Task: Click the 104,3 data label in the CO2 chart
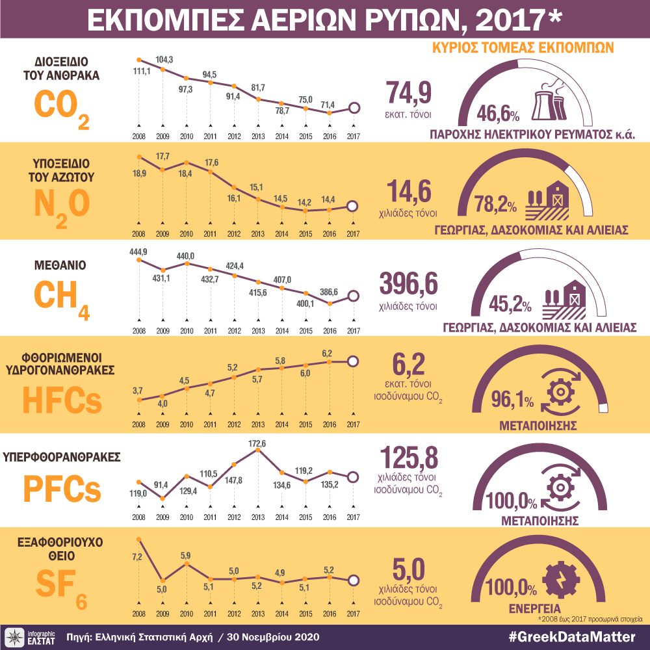pyautogui.click(x=164, y=59)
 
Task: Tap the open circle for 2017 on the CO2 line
pyautogui.click(x=354, y=108)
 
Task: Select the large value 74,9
pyautogui.click(x=409, y=94)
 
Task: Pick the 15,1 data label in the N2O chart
pyautogui.click(x=258, y=188)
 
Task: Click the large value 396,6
pyautogui.click(x=409, y=285)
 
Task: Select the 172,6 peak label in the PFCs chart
pyautogui.click(x=258, y=444)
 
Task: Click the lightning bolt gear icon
pyautogui.click(x=558, y=577)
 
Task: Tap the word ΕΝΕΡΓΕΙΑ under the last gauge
pyautogui.click(x=536, y=609)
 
